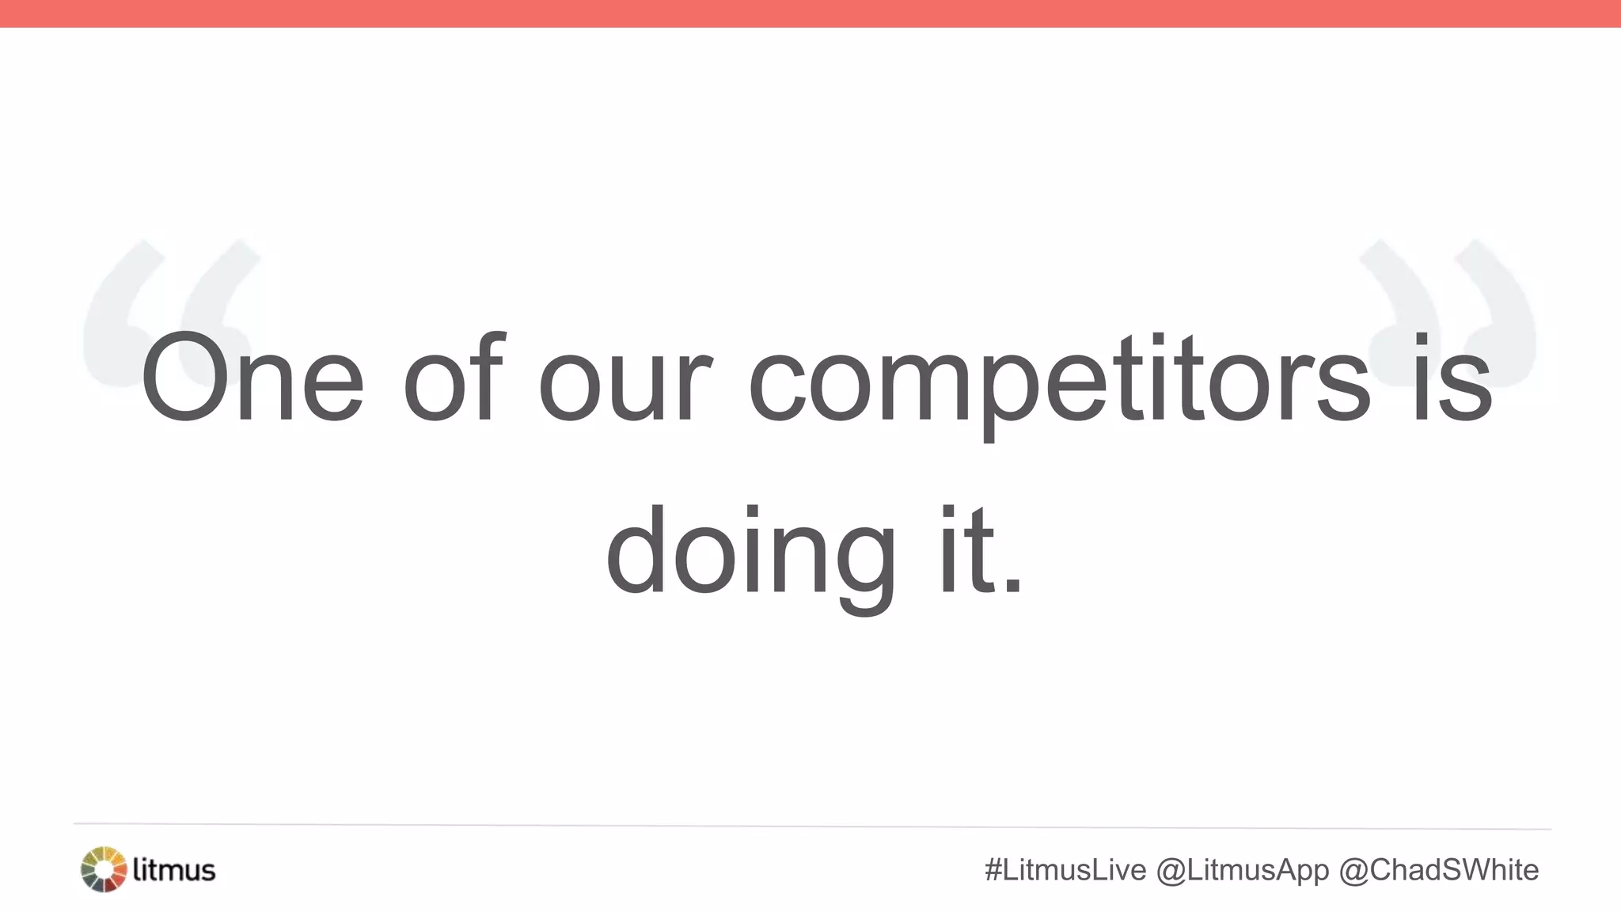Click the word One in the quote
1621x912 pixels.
[x=252, y=378]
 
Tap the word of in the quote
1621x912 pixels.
[x=453, y=378]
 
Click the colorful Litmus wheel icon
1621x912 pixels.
[x=104, y=869]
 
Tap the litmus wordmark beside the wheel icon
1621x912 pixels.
[x=174, y=869]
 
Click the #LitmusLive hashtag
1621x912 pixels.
[x=1065, y=870]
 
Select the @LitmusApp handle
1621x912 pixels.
[x=1243, y=870]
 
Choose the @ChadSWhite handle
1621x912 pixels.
[x=1438, y=870]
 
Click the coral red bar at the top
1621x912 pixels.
[x=810, y=13]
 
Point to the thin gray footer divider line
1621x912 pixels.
[x=810, y=826]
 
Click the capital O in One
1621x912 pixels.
[x=188, y=378]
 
